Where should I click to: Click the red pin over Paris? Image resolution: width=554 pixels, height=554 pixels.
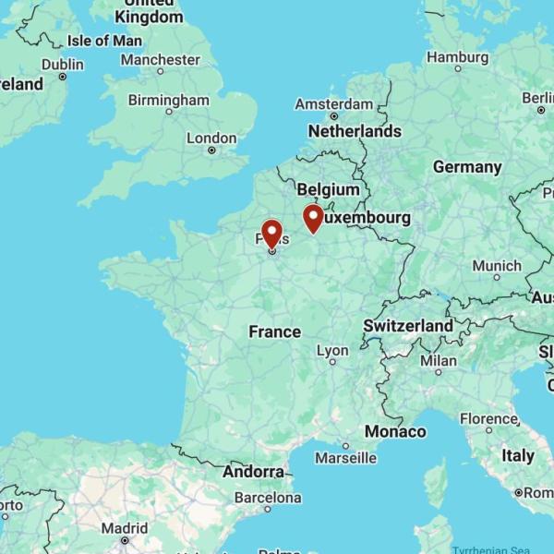[x=271, y=232]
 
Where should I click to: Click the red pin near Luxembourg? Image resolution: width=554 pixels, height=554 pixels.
[x=313, y=218]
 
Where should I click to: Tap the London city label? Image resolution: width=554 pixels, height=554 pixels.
[x=211, y=138]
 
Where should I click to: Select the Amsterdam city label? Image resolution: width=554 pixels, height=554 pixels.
[x=333, y=104]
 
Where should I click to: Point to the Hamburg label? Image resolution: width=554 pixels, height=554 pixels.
[x=457, y=57]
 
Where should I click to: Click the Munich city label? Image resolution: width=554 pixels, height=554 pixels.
[x=497, y=266]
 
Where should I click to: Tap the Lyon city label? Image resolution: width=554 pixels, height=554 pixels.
[x=332, y=351]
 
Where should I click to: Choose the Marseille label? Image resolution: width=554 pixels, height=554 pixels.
[x=345, y=457]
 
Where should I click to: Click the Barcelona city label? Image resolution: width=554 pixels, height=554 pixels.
[x=269, y=496]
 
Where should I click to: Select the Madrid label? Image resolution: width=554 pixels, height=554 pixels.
[x=125, y=528]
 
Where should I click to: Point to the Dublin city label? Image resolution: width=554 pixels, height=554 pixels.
[x=62, y=65]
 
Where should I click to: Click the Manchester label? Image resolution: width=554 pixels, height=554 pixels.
[x=160, y=60]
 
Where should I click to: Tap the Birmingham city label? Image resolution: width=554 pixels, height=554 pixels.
[x=169, y=100]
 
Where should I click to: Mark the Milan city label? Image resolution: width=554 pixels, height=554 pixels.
[x=439, y=360]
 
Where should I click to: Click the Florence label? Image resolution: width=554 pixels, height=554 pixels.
[x=489, y=418]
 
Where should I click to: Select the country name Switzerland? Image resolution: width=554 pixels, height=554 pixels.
[x=408, y=326]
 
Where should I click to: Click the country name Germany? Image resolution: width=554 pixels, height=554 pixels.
[x=467, y=167]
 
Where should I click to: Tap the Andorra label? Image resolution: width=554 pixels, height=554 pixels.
[x=253, y=472]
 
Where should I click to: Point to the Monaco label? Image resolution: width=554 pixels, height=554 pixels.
[x=395, y=431]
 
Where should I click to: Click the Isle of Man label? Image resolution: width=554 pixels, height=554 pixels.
[x=104, y=41]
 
